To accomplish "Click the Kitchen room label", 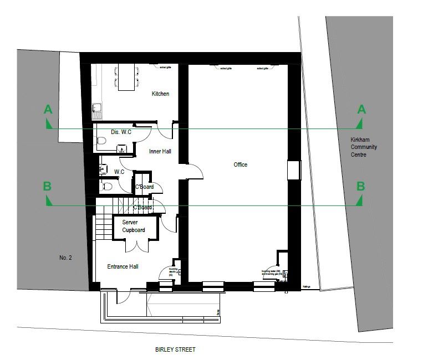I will (160, 94).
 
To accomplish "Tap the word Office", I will (240, 164).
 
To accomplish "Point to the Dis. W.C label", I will (121, 132).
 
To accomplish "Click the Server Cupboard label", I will (133, 226).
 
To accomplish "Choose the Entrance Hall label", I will (123, 266).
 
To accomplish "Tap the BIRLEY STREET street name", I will (175, 349).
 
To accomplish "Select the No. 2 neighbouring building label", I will (66, 258).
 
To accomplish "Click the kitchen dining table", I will (126, 76).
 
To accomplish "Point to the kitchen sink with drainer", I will (98, 111).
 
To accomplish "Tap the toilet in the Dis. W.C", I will (101, 141).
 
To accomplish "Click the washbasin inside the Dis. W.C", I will (121, 148).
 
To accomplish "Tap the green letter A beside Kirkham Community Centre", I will (361, 110).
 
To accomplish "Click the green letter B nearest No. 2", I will (48, 186).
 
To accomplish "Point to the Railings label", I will (307, 287).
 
